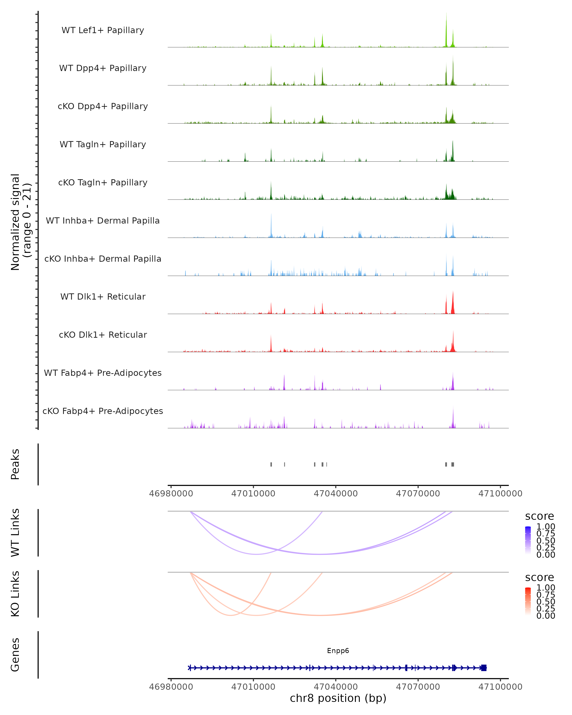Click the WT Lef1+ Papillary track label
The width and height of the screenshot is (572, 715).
point(103,30)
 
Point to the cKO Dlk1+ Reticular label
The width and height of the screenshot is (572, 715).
point(103,335)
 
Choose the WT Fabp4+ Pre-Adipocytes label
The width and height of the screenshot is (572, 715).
point(103,373)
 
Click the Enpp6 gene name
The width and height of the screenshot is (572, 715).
point(338,651)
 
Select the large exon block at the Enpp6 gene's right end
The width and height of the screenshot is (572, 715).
point(484,668)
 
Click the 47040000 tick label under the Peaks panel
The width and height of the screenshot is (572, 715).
point(336,494)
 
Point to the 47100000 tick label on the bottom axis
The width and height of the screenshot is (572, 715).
point(500,687)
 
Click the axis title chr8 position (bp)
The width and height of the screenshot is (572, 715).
point(338,698)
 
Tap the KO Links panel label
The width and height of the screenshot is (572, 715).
point(15,594)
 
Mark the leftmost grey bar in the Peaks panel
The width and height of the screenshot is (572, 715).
point(271,464)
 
